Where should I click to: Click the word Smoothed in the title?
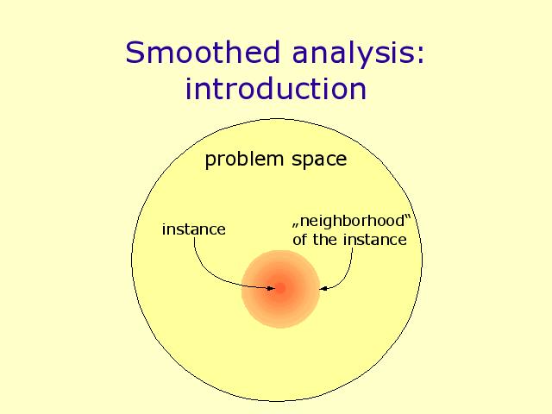point(203,52)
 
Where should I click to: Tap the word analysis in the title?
point(353,56)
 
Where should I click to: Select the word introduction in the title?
point(276,88)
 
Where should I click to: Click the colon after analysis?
point(421,55)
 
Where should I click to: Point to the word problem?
point(244,160)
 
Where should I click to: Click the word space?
point(319,161)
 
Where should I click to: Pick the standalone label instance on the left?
point(193,229)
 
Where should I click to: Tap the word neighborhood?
point(353,221)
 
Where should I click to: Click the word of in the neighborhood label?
point(299,240)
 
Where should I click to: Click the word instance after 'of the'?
point(375,240)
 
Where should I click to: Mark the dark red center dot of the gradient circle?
point(280,289)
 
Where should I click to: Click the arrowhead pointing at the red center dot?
point(271,288)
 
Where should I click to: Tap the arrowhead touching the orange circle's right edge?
point(323,289)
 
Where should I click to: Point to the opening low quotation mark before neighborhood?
point(296,224)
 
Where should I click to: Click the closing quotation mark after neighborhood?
point(408,216)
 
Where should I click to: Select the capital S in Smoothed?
point(135,53)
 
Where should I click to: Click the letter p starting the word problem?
point(210,162)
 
